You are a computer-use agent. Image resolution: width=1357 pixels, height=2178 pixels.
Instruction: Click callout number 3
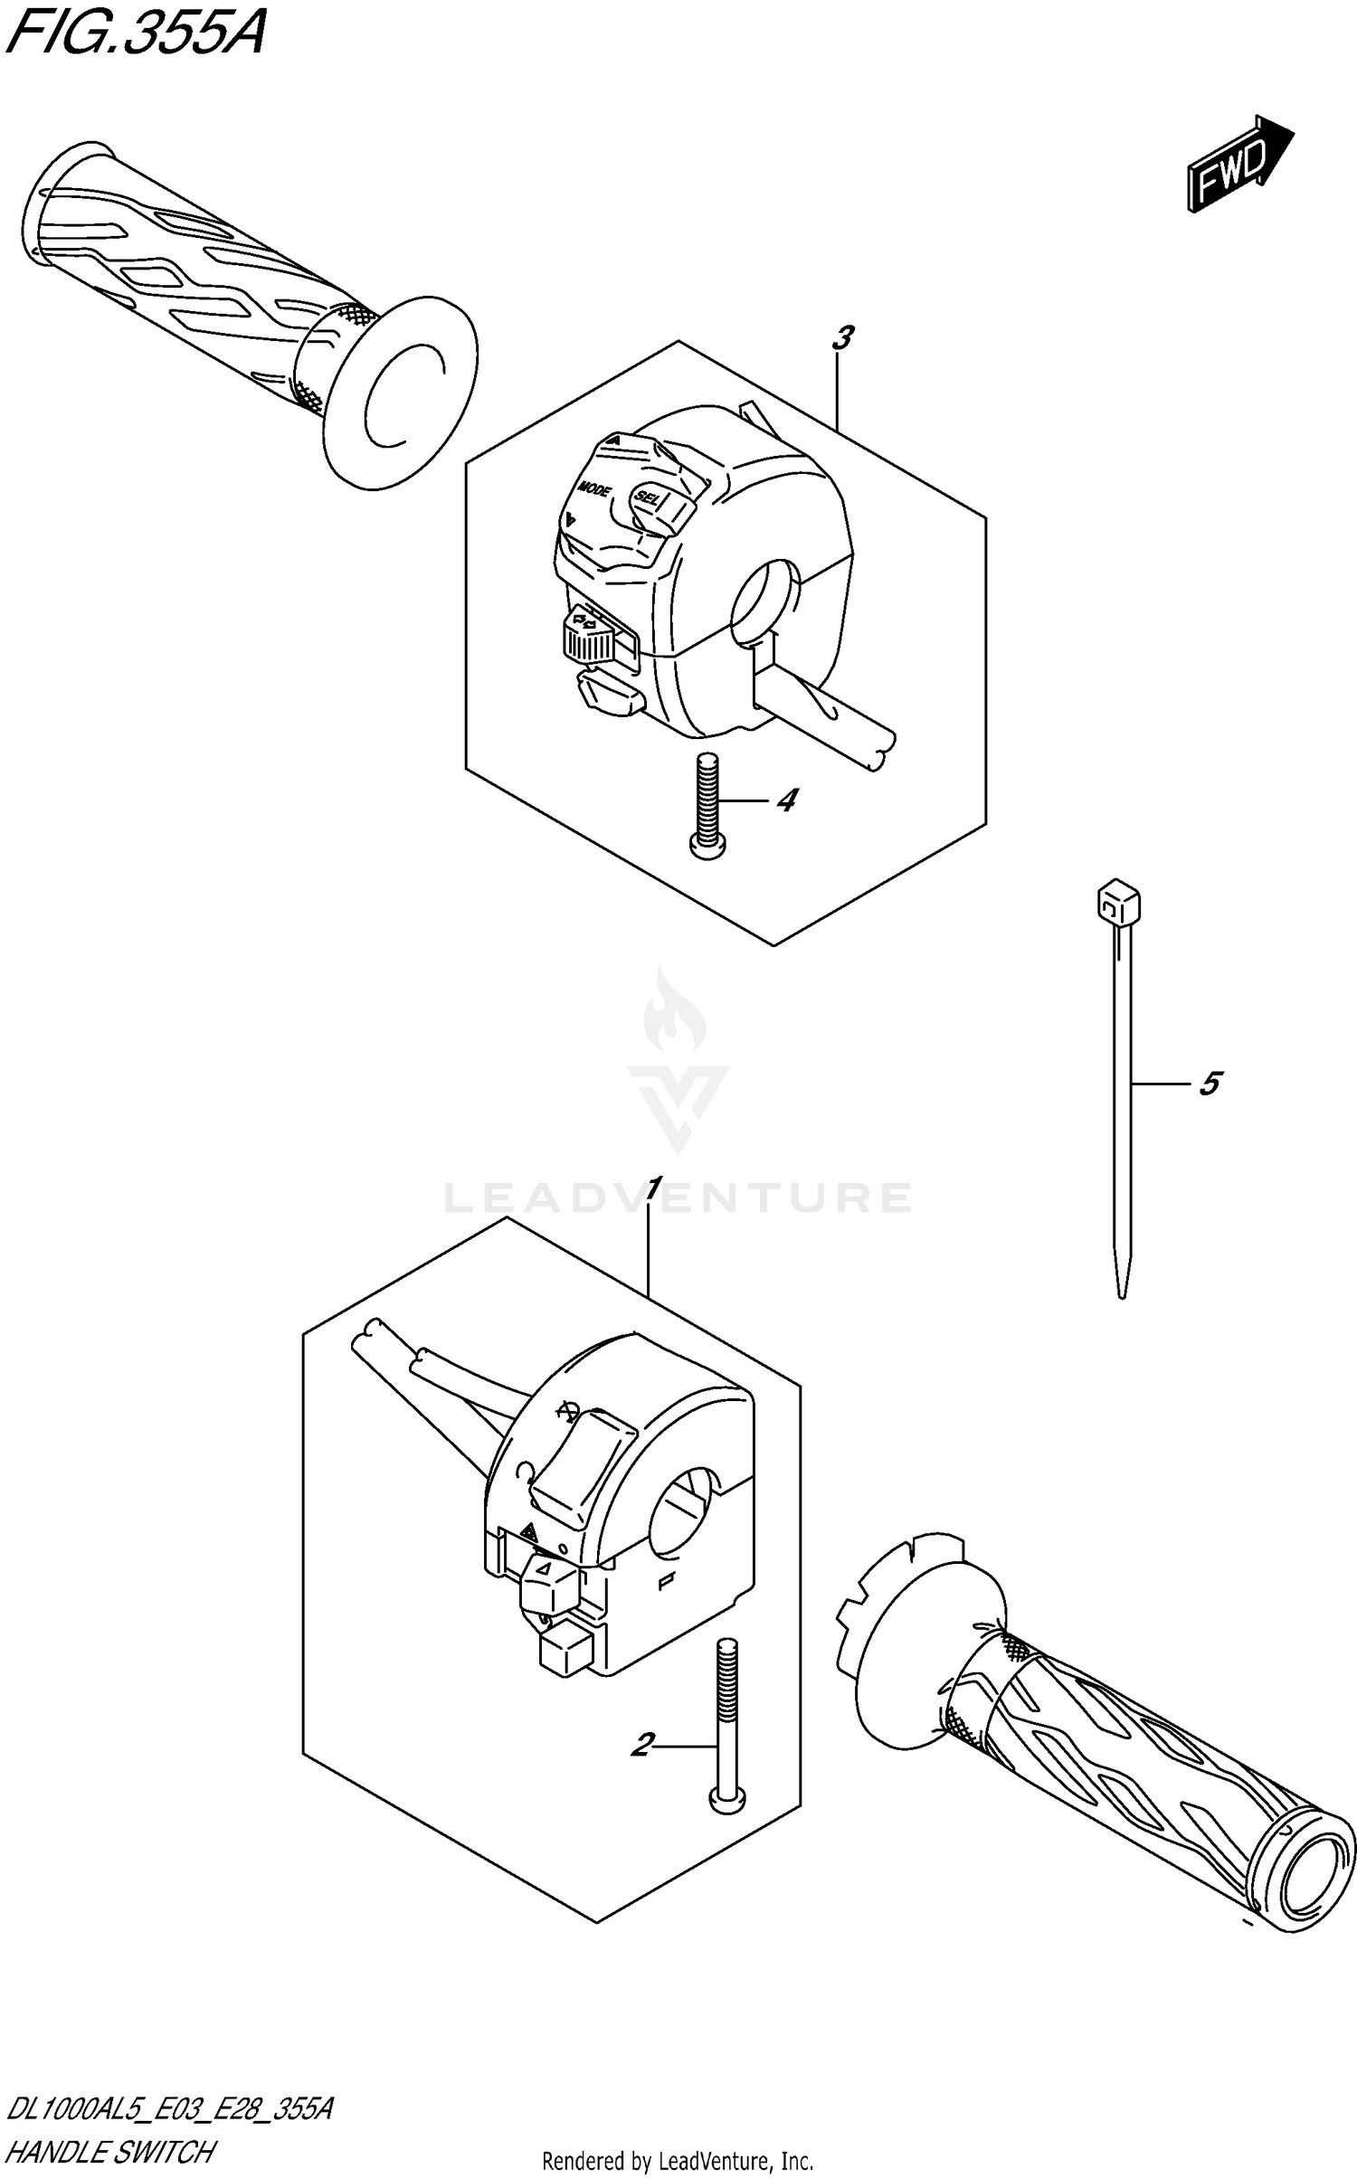[x=841, y=338]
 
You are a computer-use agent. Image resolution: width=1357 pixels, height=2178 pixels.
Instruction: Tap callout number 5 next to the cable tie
[x=1210, y=1083]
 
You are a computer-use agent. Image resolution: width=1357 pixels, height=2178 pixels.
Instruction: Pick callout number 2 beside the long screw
[x=641, y=1744]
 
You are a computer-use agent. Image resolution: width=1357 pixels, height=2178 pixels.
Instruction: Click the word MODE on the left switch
[x=594, y=489]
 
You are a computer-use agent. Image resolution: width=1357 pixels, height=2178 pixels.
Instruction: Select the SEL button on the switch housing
[x=648, y=497]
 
